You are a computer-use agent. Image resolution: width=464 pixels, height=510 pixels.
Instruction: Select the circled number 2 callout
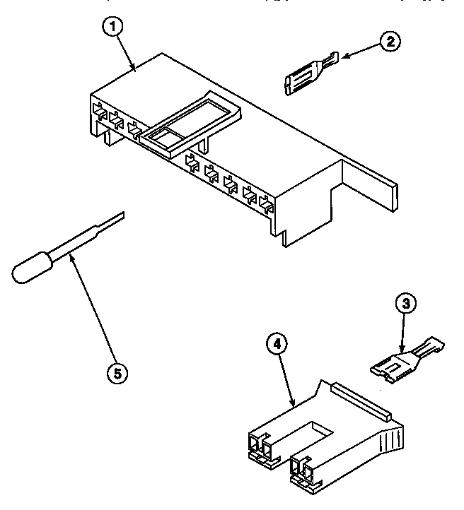(x=388, y=42)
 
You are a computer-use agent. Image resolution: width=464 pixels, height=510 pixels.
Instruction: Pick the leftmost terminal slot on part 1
(x=99, y=113)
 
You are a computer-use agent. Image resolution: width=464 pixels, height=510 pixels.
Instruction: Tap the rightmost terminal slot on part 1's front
(x=267, y=206)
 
